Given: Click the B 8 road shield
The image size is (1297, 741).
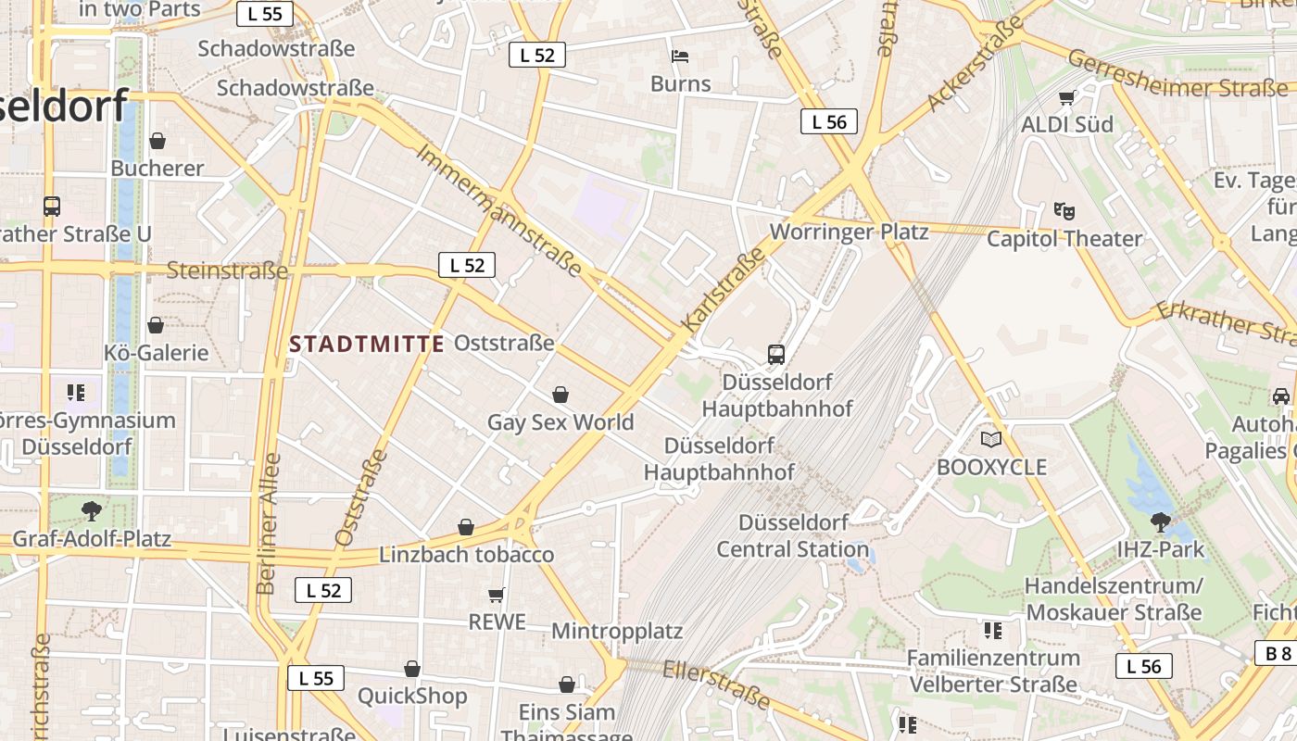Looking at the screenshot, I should tap(1279, 653).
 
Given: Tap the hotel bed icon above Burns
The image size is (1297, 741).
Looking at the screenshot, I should tap(680, 57).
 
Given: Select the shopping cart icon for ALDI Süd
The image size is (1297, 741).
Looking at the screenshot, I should tap(1067, 97).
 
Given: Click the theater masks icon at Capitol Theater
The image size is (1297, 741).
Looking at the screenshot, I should tap(1064, 211).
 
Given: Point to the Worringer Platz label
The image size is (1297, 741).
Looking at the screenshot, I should tap(849, 232).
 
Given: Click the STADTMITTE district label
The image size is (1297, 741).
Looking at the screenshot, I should tap(367, 345).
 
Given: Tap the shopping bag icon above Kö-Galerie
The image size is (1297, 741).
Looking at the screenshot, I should tap(156, 325).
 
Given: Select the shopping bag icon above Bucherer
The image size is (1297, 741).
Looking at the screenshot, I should tap(157, 141).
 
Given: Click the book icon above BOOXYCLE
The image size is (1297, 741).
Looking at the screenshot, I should tap(991, 439).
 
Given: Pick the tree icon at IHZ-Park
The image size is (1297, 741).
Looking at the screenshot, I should tap(1160, 521).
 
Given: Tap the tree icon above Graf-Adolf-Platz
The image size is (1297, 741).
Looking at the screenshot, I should tap(91, 509).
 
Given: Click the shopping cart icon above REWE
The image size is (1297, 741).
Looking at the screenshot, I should tap(497, 594).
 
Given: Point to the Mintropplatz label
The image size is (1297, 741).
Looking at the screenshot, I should tap(617, 632).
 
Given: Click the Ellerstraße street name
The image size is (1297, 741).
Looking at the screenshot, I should tap(718, 684).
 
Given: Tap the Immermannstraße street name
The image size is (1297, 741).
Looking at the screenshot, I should tap(499, 210).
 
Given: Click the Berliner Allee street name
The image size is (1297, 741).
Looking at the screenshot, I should tap(268, 523).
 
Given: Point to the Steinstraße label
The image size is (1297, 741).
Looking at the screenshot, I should tap(227, 270).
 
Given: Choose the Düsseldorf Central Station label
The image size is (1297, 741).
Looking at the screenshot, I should tap(793, 535).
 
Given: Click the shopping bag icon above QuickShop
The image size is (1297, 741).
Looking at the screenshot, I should tap(412, 669).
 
